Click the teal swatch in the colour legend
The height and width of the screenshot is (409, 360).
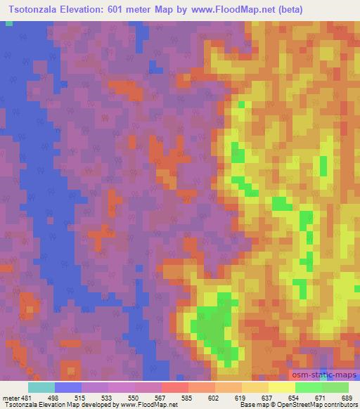click(x=41, y=387)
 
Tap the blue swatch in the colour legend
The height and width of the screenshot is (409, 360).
click(x=68, y=387)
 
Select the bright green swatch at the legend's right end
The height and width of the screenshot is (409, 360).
click(x=335, y=387)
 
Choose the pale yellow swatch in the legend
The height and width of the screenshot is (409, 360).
click(x=281, y=387)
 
